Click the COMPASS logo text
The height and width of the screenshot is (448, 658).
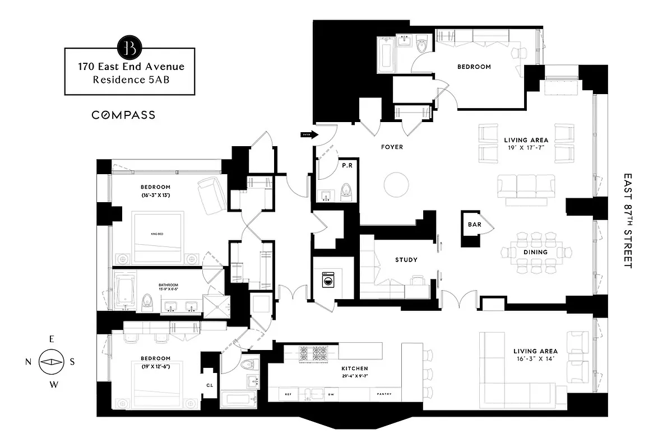point(123,115)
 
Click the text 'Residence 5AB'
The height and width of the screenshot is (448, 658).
point(131,80)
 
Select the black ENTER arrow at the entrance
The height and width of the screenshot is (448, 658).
point(309,134)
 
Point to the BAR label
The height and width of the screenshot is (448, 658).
point(473,225)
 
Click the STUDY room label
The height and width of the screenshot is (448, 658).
point(406,260)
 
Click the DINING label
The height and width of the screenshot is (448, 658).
point(535,252)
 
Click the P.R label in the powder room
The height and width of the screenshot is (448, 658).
point(347,166)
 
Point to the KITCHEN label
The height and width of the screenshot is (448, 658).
point(355,368)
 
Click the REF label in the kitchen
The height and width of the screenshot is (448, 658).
point(288,394)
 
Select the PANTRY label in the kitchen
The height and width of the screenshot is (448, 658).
point(392,394)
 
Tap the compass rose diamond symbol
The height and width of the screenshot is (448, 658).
point(50,362)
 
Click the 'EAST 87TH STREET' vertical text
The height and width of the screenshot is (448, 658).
point(627,221)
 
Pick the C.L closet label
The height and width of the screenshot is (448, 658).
point(210,385)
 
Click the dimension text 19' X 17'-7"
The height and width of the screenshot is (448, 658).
point(526,148)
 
